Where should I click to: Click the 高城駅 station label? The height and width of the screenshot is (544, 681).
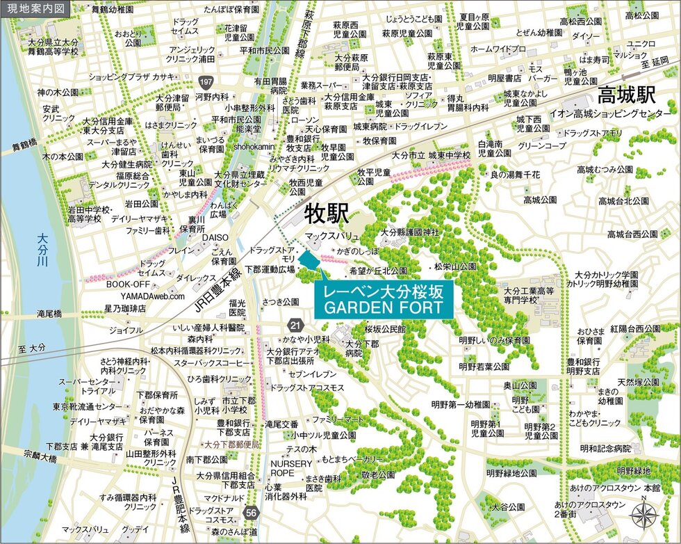pyautogui.click(x=627, y=93)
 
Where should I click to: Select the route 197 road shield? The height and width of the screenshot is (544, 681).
pyautogui.click(x=204, y=83)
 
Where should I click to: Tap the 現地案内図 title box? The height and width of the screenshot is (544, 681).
pyautogui.click(x=35, y=9)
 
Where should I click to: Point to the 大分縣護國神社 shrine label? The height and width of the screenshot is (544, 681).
pyautogui.click(x=410, y=232)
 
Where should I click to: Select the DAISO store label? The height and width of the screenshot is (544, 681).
pyautogui.click(x=215, y=238)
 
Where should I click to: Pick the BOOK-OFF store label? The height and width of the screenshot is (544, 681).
pyautogui.click(x=128, y=284)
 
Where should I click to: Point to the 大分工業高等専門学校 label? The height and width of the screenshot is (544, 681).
pyautogui.click(x=530, y=295)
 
